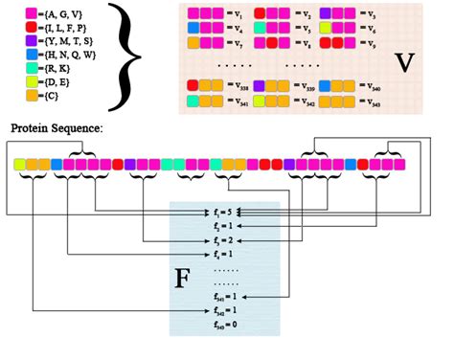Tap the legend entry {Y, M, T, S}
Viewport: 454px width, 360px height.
tap(49, 41)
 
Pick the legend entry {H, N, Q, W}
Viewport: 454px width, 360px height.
tap(50, 55)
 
